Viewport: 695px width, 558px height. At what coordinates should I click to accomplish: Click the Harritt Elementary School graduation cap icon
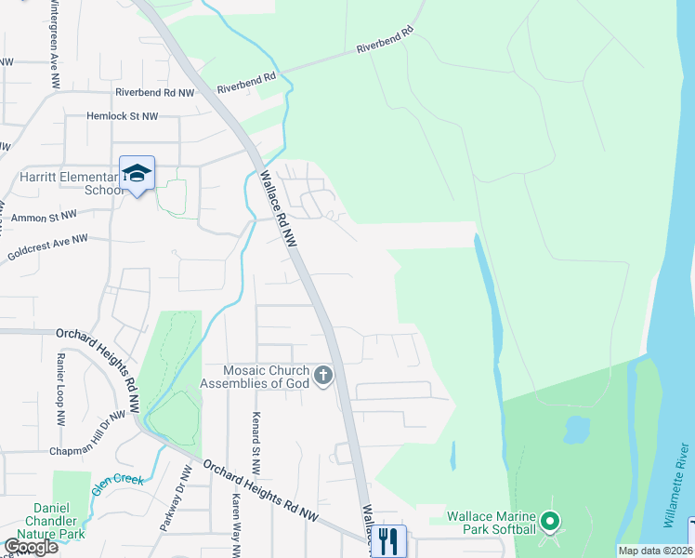click(137, 173)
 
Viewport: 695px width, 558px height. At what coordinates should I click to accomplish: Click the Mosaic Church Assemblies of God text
click(255, 377)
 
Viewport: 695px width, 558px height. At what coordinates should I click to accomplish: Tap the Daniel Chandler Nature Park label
click(59, 522)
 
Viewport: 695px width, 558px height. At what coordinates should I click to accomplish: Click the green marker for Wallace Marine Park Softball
click(551, 522)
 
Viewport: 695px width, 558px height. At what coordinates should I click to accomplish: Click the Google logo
click(31, 547)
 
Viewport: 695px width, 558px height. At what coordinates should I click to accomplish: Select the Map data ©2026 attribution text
click(655, 551)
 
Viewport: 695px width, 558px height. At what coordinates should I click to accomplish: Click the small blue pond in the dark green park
click(576, 429)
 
